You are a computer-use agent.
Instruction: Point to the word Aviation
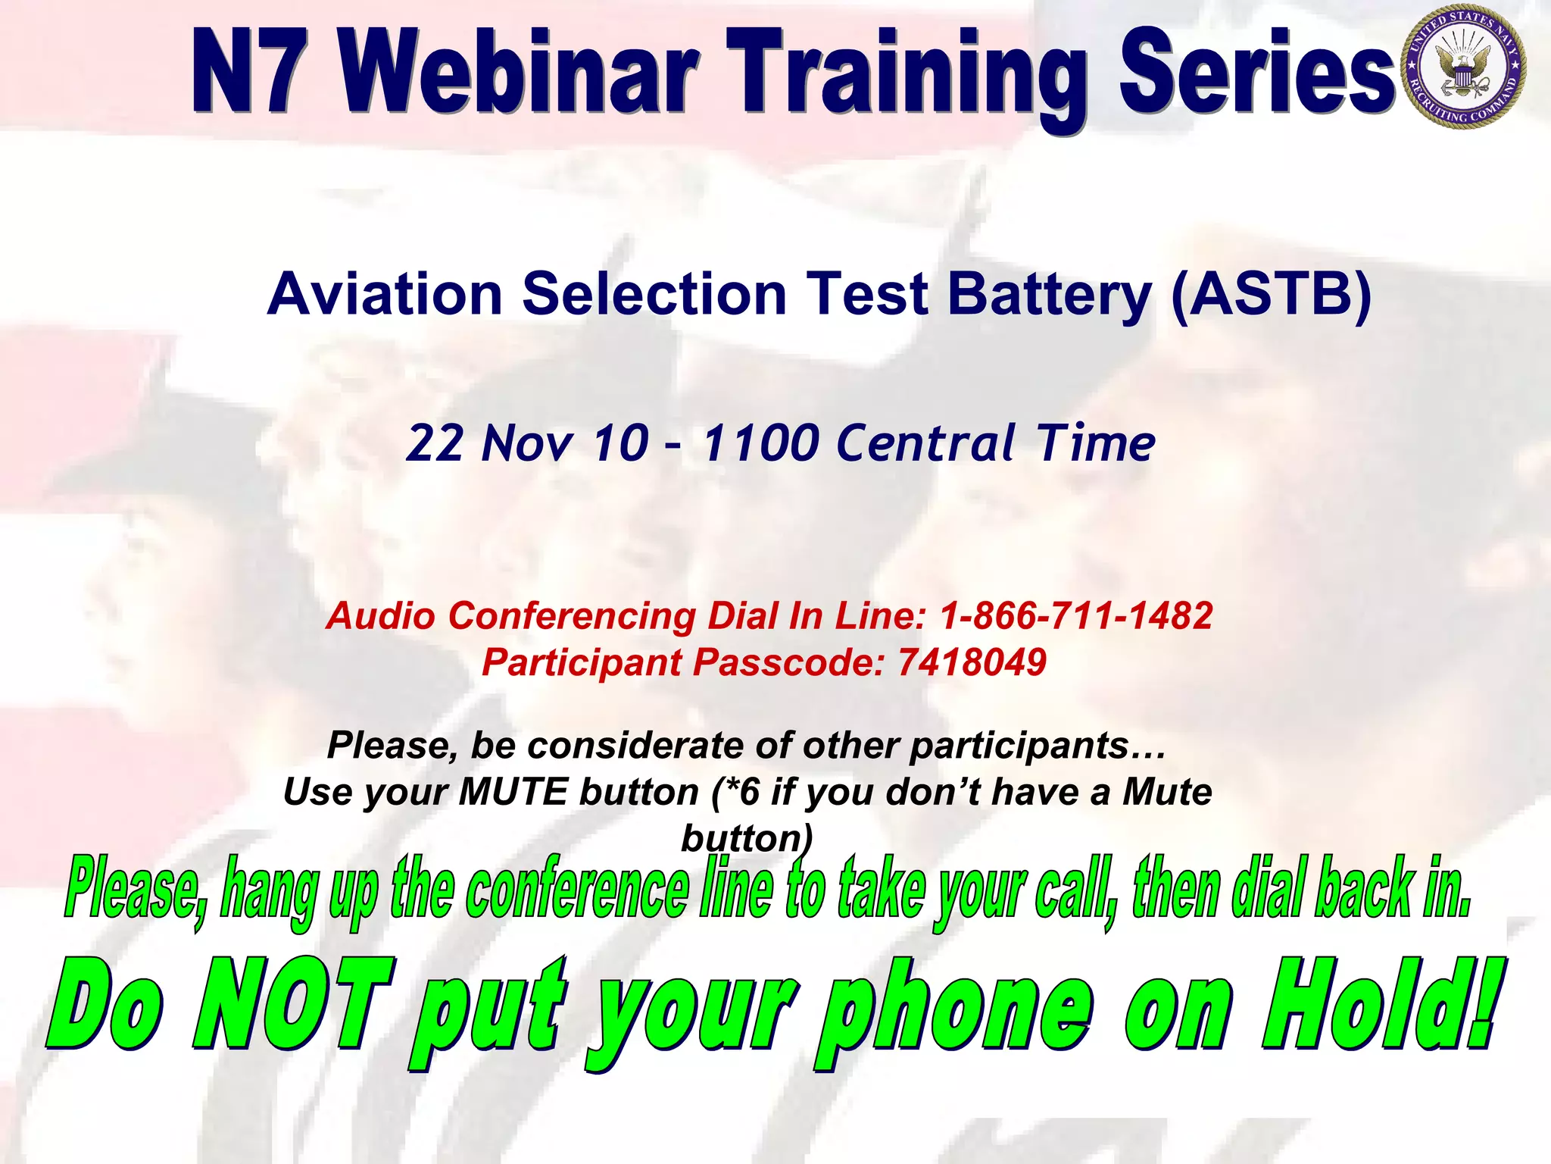point(385,294)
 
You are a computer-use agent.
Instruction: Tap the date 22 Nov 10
point(527,443)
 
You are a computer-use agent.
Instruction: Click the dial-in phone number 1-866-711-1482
point(1076,615)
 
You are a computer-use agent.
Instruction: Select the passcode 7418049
point(972,662)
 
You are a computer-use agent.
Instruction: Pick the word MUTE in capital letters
point(513,793)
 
